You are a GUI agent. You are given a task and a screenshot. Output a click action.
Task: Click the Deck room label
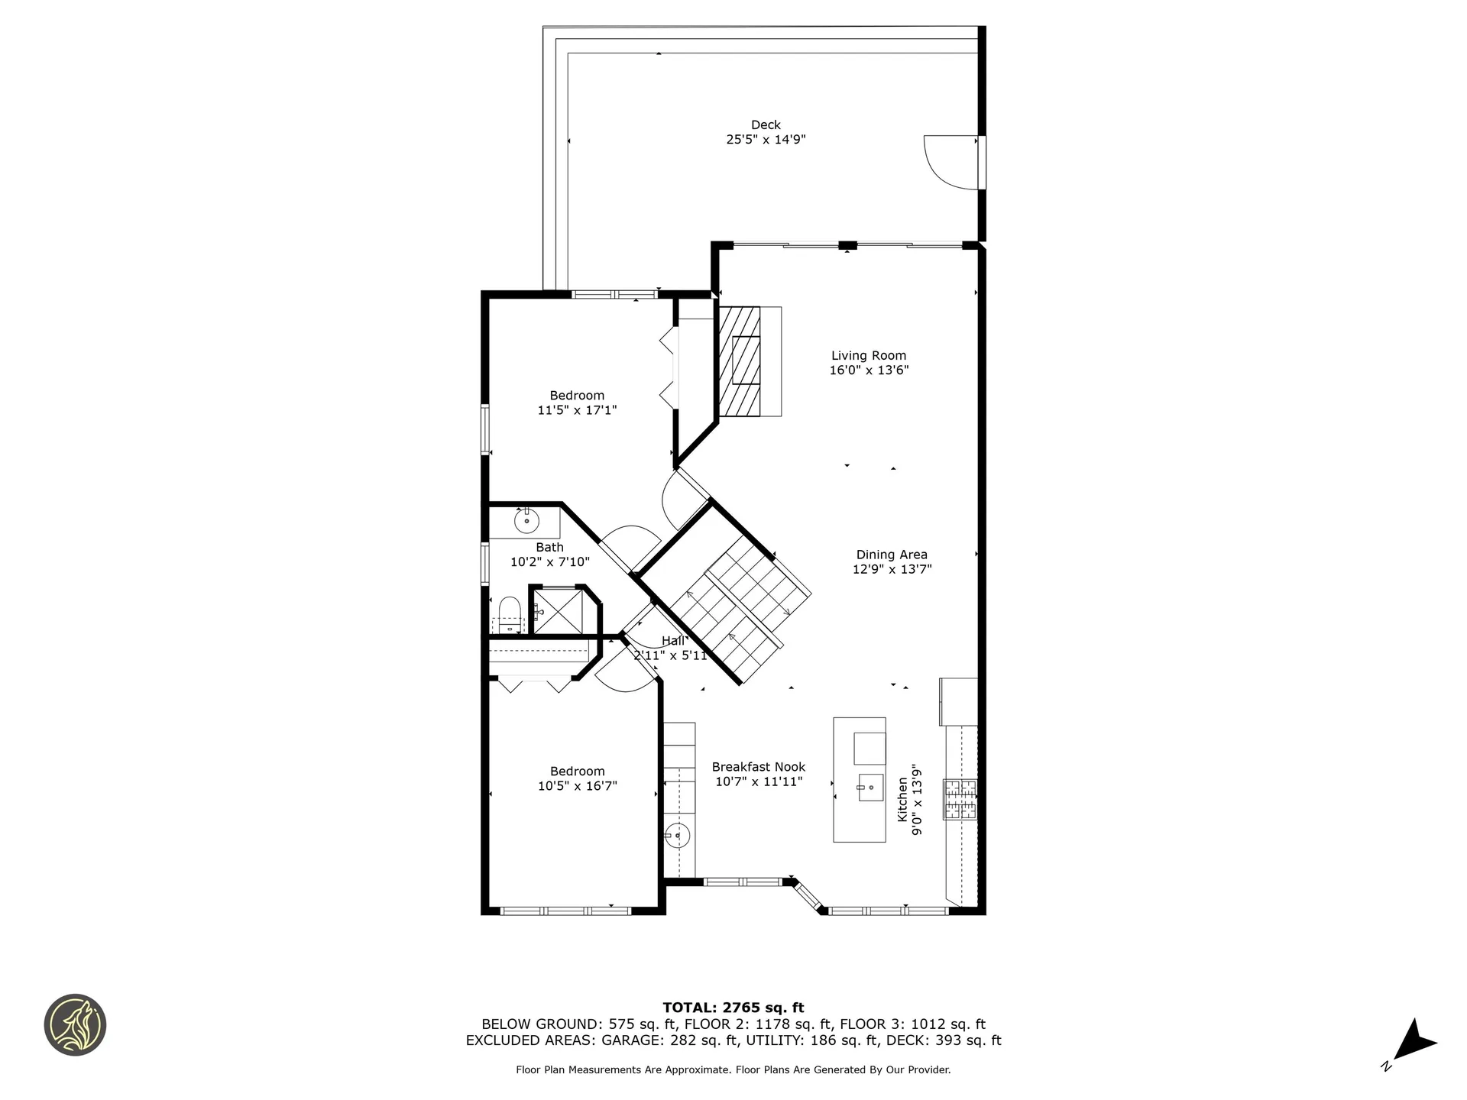click(x=766, y=125)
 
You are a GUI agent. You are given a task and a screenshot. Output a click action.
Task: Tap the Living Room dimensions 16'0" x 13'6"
click(x=869, y=370)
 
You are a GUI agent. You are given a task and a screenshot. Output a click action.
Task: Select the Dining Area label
click(x=892, y=555)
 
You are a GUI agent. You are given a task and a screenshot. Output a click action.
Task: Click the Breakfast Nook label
click(x=758, y=767)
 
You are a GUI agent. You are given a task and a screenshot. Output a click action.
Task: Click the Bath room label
click(x=549, y=547)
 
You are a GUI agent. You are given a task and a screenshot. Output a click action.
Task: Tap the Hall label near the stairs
click(x=673, y=641)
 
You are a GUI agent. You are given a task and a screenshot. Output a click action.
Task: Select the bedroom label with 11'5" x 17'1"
click(x=577, y=403)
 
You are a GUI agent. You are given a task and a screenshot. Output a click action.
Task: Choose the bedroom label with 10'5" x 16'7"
click(x=577, y=778)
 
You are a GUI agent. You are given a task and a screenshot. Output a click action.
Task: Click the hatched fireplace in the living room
click(x=740, y=361)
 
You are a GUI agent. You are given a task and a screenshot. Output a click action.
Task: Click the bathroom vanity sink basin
click(x=526, y=522)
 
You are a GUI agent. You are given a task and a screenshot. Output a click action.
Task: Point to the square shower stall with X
click(x=558, y=611)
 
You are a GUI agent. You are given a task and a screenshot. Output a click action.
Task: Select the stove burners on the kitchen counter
click(x=960, y=800)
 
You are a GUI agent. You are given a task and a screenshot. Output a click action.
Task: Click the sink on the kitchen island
click(x=870, y=788)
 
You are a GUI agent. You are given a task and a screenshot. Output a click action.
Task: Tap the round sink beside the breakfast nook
click(x=676, y=836)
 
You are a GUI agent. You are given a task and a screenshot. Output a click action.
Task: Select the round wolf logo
click(x=75, y=1025)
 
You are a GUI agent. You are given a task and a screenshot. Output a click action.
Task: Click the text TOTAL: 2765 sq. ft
click(x=733, y=1008)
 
